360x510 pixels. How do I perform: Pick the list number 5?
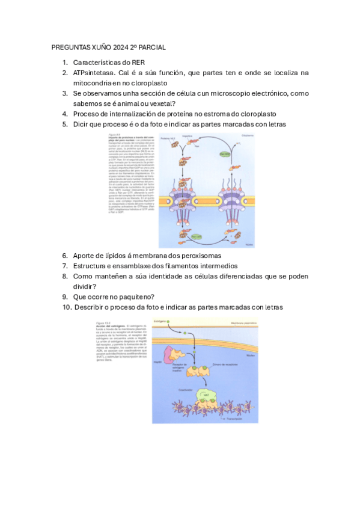coord(65,124)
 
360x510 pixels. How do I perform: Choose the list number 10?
coord(67,307)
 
